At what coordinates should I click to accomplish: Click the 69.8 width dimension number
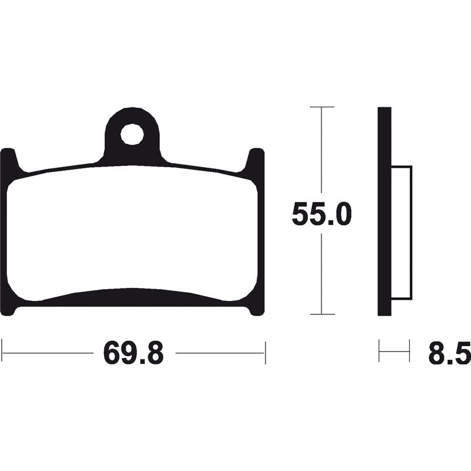click(x=133, y=353)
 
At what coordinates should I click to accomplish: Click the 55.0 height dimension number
click(x=321, y=214)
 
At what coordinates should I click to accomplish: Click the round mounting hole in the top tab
click(x=132, y=134)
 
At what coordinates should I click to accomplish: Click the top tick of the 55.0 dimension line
click(x=321, y=107)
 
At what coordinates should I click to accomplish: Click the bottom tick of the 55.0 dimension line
click(x=321, y=314)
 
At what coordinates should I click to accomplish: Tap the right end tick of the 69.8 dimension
click(x=266, y=352)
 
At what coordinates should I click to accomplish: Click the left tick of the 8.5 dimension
click(x=379, y=352)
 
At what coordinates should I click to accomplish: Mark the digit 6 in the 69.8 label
click(x=112, y=353)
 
